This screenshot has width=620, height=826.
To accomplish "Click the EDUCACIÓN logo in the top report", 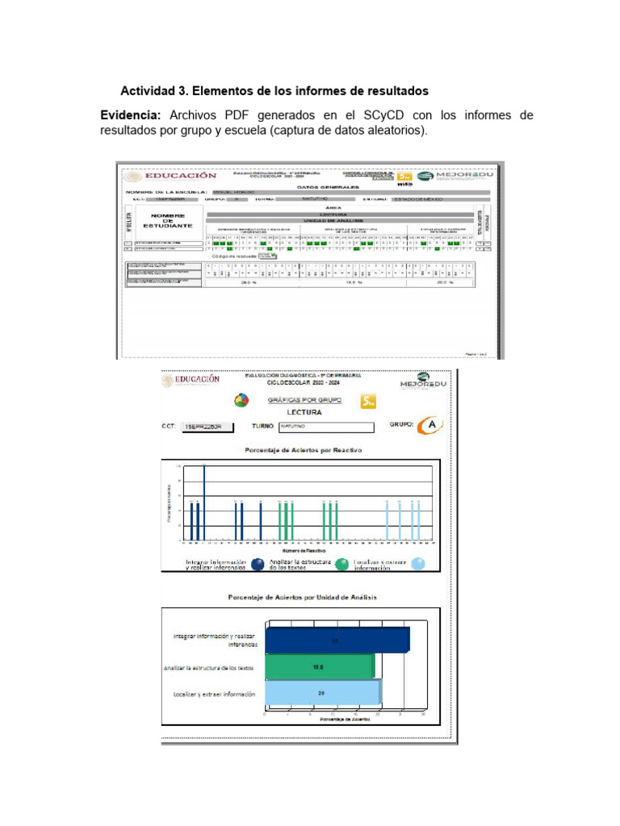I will (x=171, y=176).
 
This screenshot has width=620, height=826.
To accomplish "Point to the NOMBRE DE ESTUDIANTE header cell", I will (x=168, y=221).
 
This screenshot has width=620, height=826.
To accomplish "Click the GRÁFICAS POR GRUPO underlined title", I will (x=308, y=399).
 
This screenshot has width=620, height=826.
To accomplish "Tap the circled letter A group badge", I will (x=434, y=425).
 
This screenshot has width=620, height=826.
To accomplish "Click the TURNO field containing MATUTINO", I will (x=327, y=428).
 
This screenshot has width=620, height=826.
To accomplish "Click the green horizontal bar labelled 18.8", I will (x=320, y=667).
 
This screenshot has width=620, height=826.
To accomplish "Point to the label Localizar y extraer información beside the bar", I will (x=214, y=694).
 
